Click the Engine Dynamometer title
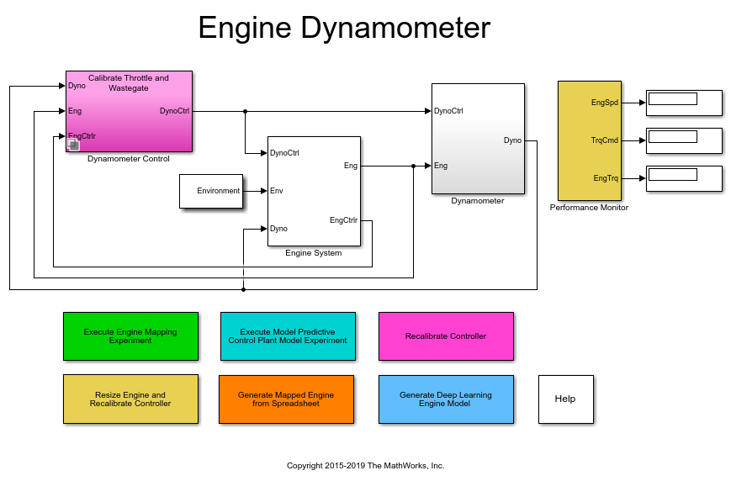(344, 29)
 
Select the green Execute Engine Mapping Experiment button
(130, 336)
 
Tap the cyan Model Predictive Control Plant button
(288, 336)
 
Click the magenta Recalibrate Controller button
(446, 336)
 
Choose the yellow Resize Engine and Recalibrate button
(130, 399)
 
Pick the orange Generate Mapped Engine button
(286, 399)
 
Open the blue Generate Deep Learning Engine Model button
(446, 399)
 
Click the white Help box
(565, 399)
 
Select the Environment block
(211, 191)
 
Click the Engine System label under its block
(314, 252)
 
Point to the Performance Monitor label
(589, 207)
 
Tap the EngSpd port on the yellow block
(605, 103)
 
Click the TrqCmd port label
(605, 140)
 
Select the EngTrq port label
(606, 178)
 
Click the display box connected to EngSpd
(683, 103)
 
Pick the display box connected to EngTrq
(683, 178)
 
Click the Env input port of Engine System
(277, 191)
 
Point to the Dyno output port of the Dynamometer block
(512, 140)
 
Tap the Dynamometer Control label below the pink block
(129, 159)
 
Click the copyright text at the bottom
(365, 465)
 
